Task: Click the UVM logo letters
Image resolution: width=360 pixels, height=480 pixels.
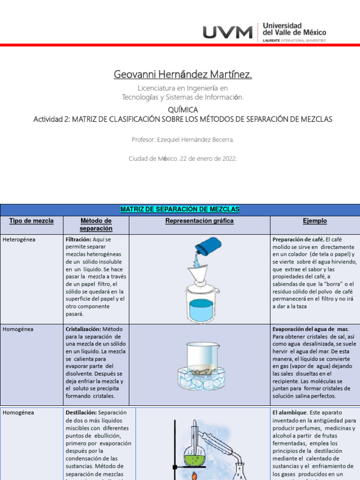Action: point(227,32)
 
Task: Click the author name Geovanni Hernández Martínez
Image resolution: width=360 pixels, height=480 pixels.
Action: point(183,75)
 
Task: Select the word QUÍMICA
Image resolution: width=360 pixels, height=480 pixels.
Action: point(182,110)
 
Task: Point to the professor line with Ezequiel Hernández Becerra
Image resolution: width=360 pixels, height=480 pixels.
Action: point(183,140)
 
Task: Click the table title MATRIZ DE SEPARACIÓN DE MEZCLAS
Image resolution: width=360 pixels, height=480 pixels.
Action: point(180,209)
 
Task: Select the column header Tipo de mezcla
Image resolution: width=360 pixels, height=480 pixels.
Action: point(31,221)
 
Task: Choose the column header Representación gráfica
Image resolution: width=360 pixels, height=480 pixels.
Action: point(199,221)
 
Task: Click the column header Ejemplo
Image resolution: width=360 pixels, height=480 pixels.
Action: point(315,221)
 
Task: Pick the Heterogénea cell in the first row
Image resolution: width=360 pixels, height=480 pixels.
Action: point(19,240)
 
